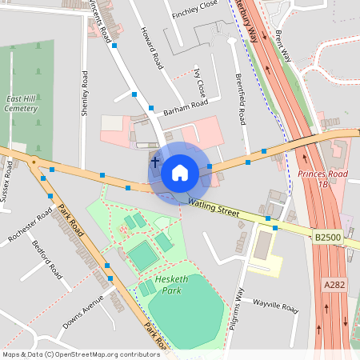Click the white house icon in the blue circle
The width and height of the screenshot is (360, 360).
coord(180,172)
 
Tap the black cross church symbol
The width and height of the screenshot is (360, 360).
coord(154,162)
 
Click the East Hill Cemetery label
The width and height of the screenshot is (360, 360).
coord(22,102)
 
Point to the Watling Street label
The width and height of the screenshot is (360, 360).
coord(214,207)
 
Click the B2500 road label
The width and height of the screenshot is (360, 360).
coord(327,238)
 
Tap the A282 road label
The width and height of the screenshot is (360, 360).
coord(334,284)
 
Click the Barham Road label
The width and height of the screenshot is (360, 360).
coord(185,108)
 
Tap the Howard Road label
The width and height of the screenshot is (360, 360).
coord(152,50)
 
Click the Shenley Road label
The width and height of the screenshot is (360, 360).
coord(84,94)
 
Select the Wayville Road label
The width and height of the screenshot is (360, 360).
coord(275,306)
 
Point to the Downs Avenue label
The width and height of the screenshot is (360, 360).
coord(84,313)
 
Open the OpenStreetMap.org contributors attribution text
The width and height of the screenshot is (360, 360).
coord(110,354)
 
